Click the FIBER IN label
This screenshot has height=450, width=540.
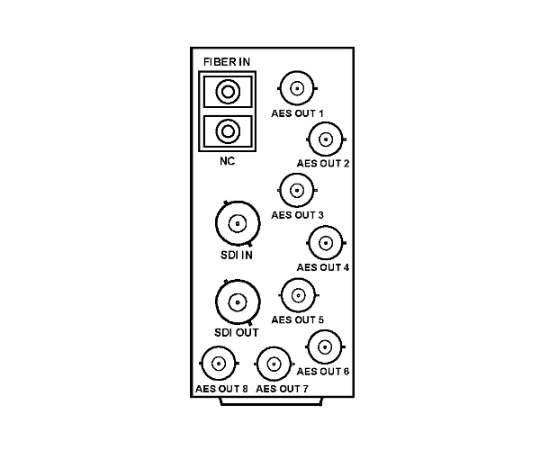click(227, 62)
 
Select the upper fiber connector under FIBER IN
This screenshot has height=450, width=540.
click(228, 92)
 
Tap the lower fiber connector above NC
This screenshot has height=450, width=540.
click(228, 131)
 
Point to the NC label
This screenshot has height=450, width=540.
click(228, 161)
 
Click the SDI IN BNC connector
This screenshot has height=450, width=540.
click(238, 224)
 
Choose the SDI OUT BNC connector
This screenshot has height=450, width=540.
click(238, 302)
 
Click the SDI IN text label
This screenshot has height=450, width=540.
click(237, 255)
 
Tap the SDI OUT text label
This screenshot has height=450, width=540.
click(236, 333)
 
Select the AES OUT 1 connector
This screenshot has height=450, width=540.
click(297, 88)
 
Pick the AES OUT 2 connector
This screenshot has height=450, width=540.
click(326, 139)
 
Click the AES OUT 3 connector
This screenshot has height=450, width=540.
click(297, 190)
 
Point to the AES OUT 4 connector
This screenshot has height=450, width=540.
click(326, 243)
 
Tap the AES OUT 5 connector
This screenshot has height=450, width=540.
click(298, 295)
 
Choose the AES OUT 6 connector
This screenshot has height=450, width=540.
click(325, 346)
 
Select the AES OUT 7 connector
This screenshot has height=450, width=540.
click(274, 364)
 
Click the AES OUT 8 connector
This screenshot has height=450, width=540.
click(219, 364)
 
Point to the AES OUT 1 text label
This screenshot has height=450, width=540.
click(297, 113)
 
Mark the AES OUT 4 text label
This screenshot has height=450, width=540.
click(323, 267)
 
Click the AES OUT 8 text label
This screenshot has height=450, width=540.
click(221, 389)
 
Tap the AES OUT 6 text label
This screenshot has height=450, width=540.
click(323, 372)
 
